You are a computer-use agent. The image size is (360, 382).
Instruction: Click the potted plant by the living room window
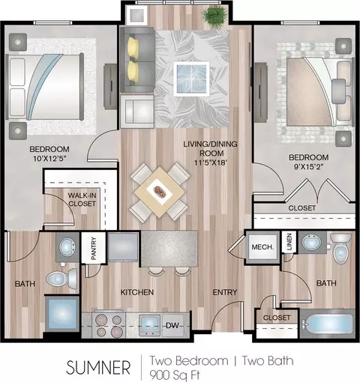click(214, 17)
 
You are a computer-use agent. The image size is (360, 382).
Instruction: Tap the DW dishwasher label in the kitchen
click(172, 325)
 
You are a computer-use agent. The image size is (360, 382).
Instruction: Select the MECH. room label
click(262, 247)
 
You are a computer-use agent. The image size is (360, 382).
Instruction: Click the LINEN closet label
click(289, 242)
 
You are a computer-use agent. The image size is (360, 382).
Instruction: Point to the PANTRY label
click(94, 249)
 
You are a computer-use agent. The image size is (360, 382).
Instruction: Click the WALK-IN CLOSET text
click(82, 199)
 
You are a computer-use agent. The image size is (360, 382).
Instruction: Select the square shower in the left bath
click(62, 314)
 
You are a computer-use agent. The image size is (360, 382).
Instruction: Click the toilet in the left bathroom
click(61, 279)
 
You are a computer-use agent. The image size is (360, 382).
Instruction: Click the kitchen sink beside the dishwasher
click(149, 324)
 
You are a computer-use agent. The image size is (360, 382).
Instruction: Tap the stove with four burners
click(109, 324)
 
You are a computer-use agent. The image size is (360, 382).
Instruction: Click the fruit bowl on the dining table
click(160, 192)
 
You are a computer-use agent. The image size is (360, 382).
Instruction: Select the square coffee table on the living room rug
click(191, 79)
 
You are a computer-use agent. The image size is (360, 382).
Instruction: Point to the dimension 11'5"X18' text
click(211, 163)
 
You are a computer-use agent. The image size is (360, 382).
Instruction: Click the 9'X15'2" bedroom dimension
click(308, 167)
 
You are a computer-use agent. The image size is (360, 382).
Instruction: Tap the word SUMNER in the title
click(98, 368)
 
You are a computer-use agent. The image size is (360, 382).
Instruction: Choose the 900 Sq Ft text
click(175, 375)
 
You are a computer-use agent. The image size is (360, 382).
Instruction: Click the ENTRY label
click(225, 292)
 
